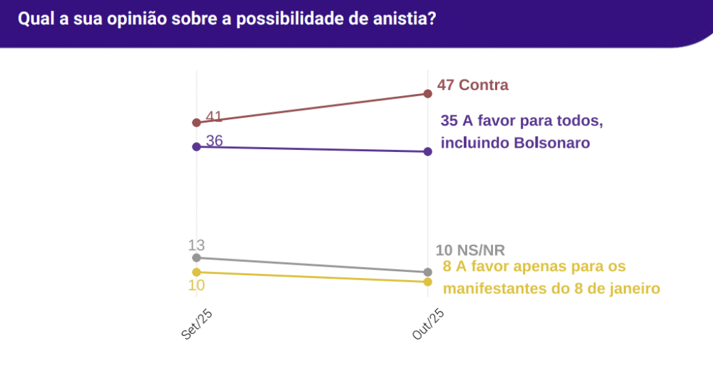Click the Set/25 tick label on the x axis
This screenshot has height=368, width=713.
tap(196, 322)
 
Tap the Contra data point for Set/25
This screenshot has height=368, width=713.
tap(196, 123)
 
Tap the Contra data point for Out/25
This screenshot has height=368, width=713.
tap(428, 93)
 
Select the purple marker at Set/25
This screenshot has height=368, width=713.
tap(196, 146)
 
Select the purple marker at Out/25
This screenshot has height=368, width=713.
tap(428, 151)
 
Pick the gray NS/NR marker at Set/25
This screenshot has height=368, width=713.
tap(196, 258)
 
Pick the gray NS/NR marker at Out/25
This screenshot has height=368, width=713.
tap(428, 272)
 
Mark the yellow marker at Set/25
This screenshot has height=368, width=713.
tap(196, 272)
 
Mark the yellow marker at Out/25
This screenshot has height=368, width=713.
tap(428, 282)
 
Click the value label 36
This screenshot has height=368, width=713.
tap(214, 141)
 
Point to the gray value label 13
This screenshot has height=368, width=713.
tap(196, 245)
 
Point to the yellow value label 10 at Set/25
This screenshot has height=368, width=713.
tap(196, 286)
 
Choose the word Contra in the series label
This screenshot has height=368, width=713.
tap(483, 85)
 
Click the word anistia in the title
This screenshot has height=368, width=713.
tap(405, 19)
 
